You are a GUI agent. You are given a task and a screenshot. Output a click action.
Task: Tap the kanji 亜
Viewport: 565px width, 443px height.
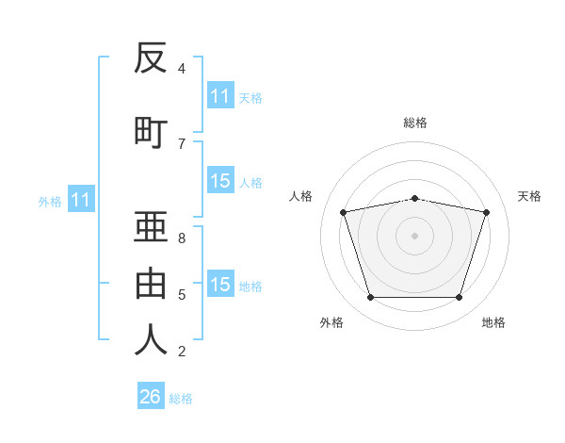[x=151, y=226]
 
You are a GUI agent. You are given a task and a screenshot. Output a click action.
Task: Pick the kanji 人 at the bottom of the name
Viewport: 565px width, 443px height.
[x=151, y=339]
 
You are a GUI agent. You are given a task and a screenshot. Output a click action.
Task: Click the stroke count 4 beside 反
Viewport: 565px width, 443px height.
[x=182, y=69]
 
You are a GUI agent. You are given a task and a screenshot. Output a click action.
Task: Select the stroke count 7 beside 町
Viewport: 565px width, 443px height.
[x=182, y=143]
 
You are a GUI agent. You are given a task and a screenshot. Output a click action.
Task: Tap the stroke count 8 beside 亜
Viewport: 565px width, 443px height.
[x=182, y=238]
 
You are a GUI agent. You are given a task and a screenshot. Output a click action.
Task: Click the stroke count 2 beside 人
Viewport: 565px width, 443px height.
[x=182, y=352]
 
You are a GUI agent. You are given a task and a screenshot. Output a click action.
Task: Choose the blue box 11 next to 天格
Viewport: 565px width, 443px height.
[x=220, y=96]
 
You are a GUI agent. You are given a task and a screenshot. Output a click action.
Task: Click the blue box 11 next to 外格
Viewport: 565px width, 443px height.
[x=80, y=200]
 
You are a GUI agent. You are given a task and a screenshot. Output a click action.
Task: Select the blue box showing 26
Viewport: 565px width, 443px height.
[x=151, y=397]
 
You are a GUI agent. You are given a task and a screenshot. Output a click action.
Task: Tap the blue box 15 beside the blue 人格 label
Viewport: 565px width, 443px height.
[x=220, y=181]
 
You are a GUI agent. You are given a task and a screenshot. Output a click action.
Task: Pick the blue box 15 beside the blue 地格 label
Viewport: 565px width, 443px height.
[x=220, y=285]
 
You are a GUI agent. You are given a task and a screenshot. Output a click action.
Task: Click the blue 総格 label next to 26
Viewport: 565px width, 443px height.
[x=182, y=399]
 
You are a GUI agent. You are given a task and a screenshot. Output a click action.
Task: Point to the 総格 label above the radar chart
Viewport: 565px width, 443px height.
[x=414, y=123]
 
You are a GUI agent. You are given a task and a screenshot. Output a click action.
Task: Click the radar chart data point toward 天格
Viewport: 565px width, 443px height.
[x=486, y=212]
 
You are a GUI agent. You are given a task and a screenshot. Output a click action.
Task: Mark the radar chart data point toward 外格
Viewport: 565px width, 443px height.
[x=370, y=298]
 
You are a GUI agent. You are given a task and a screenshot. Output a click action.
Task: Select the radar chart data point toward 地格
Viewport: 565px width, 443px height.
[x=459, y=298]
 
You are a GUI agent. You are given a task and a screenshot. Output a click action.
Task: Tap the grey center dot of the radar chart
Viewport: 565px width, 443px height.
[x=414, y=236]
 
